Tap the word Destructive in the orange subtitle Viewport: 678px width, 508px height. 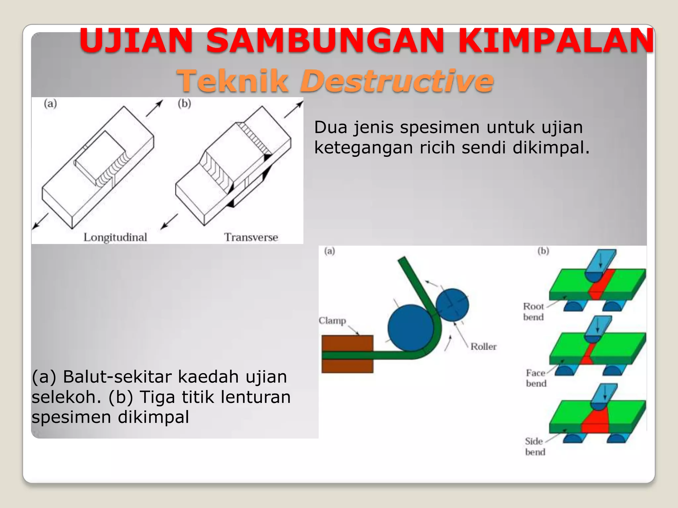tap(397, 81)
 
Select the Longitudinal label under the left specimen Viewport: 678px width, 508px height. tap(115, 237)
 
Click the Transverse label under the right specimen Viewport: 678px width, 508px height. tap(251, 237)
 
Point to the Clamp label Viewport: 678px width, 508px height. tap(332, 321)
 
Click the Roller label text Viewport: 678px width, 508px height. tap(483, 347)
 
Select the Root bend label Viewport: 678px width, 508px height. tap(533, 312)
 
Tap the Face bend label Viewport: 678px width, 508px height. tap(536, 378)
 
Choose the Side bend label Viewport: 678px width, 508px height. tap(535, 446)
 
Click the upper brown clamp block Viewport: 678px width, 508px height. tap(347, 343)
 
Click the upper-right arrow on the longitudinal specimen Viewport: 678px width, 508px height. tap(155, 108)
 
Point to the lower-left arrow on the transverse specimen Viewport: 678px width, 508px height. tap(169, 221)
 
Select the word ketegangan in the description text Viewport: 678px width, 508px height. tap(363, 148)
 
